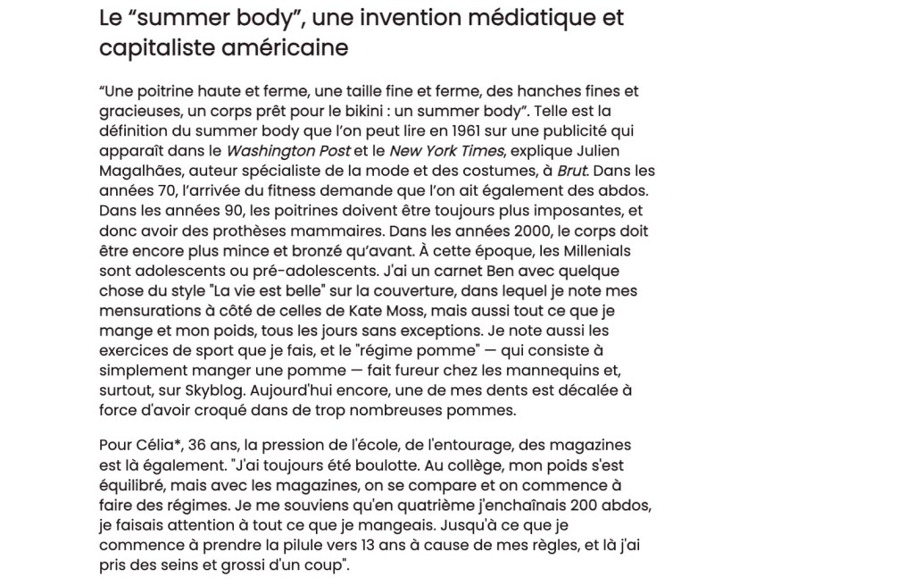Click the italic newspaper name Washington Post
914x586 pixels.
tap(288, 151)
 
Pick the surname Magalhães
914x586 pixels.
tap(143, 171)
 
